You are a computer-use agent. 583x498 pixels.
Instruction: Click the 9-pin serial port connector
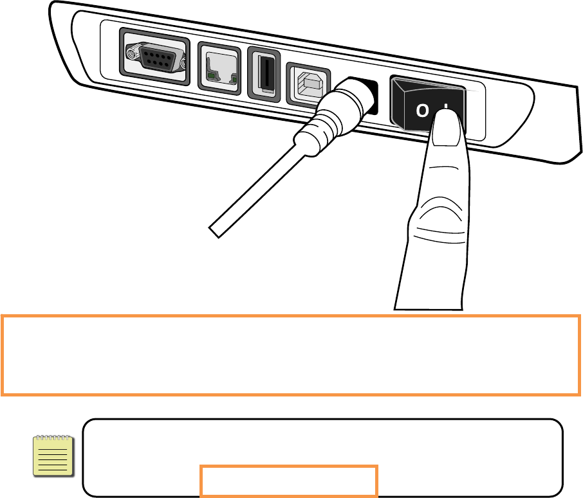tap(155, 59)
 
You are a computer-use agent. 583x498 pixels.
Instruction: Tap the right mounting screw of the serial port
tap(183, 65)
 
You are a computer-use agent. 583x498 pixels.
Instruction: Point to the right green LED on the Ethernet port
tap(233, 80)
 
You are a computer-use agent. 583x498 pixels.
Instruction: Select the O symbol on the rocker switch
tap(421, 111)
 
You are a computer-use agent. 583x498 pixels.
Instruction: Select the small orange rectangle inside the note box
tap(288, 481)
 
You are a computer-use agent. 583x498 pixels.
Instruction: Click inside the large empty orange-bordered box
tap(291, 355)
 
